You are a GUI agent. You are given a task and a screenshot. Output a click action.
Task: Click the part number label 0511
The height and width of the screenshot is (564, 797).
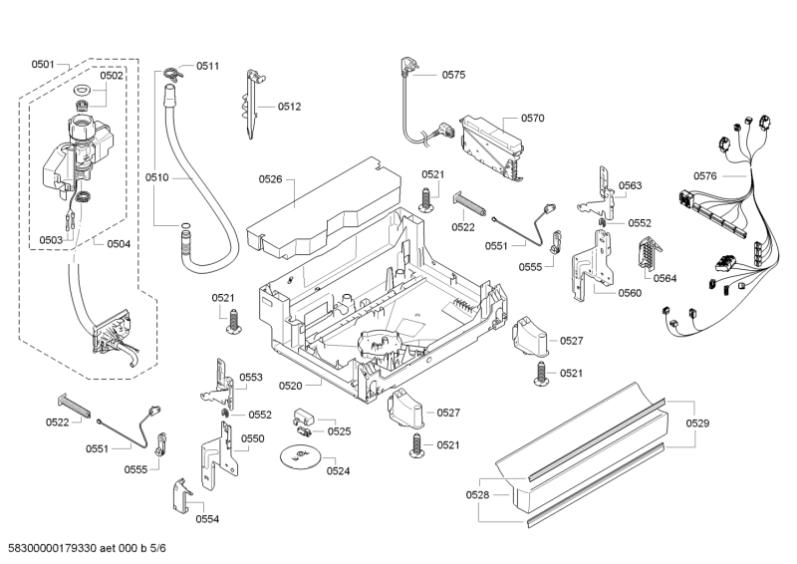(x=207, y=66)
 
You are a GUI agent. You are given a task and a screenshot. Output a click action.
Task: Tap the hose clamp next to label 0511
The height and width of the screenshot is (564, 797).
(x=172, y=70)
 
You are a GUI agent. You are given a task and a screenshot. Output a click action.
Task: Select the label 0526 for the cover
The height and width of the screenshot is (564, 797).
(x=270, y=179)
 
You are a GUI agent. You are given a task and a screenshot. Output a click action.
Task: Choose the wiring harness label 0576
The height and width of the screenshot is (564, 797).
(x=705, y=176)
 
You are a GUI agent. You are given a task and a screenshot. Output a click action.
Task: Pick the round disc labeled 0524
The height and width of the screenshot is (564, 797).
(x=298, y=457)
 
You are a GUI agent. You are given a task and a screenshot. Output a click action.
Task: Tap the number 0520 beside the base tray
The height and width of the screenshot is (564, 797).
(x=290, y=385)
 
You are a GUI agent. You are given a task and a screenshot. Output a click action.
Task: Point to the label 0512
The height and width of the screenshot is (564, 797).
(x=289, y=107)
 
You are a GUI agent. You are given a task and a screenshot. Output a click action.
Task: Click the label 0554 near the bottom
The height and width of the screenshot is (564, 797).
(x=206, y=518)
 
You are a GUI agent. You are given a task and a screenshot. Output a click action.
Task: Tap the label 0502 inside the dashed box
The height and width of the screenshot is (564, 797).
(x=112, y=76)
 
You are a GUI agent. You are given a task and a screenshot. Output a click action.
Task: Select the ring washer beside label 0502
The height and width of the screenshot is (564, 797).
(x=83, y=92)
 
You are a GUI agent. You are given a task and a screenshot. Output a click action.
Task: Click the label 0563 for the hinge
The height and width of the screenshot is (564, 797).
(x=630, y=186)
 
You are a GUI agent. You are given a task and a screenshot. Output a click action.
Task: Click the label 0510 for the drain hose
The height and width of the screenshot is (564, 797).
(x=156, y=177)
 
